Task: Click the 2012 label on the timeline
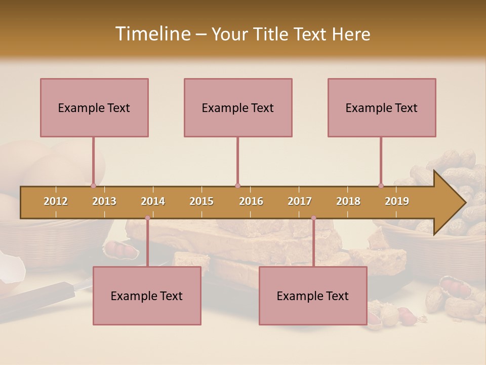coord(56,201)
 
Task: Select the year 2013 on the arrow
coord(104,201)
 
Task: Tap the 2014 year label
coord(153,201)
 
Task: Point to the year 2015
coord(201,201)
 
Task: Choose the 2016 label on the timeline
coord(251,201)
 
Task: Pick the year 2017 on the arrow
coord(300,201)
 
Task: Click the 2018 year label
coord(348,201)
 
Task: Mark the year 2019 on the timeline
coord(397,201)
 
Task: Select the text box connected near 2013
coord(94,107)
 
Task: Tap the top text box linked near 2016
coord(238,107)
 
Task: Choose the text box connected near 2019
coord(382,107)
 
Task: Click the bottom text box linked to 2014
coord(147,296)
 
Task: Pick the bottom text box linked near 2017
coord(313,296)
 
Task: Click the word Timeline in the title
coord(152,34)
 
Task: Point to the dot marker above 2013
coord(93,186)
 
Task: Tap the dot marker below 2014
coord(147,218)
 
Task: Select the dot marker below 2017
coord(313,218)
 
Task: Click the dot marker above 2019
coord(381,186)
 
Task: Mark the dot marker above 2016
coord(237,186)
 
